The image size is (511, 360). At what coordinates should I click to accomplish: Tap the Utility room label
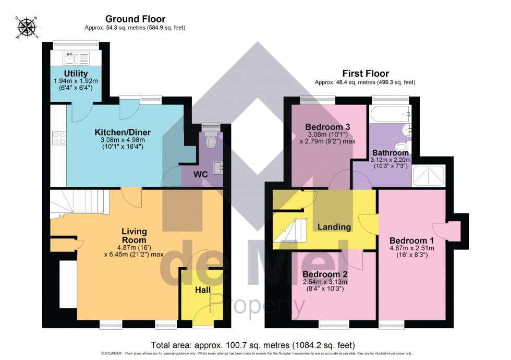click(x=76, y=74)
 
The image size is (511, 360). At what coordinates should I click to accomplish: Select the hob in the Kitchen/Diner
click(x=58, y=138)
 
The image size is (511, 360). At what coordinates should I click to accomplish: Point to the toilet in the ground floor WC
click(x=211, y=140)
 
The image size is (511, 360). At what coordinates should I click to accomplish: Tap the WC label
click(x=201, y=174)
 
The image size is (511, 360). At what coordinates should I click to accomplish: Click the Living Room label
click(x=134, y=235)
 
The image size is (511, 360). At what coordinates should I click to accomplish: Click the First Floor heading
click(x=365, y=74)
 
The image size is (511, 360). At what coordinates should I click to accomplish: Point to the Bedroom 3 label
click(x=327, y=127)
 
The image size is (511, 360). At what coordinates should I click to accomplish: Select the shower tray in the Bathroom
click(x=429, y=176)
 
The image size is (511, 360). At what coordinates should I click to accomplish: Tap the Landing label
click(x=334, y=227)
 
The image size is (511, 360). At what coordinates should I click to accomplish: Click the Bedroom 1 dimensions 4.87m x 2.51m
click(x=411, y=248)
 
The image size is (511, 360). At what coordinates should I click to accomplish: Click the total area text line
click(x=253, y=345)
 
